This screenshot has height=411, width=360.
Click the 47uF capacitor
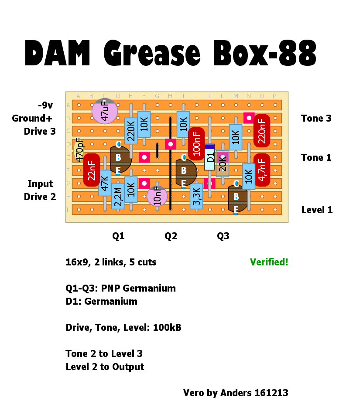(105, 111)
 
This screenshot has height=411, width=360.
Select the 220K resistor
(131, 130)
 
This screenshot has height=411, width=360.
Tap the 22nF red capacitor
(92, 170)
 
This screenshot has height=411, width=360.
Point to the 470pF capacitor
(79, 150)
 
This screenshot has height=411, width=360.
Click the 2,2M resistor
(118, 196)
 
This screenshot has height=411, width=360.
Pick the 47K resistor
(105, 183)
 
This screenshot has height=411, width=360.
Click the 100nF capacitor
(196, 143)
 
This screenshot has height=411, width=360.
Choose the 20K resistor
(223, 164)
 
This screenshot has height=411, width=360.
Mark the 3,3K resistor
(196, 196)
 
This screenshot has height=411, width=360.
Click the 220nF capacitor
(262, 130)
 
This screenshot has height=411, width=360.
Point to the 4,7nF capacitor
(262, 170)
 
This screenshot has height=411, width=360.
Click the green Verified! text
(269, 262)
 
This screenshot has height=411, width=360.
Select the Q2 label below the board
(171, 236)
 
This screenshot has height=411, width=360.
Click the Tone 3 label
(316, 119)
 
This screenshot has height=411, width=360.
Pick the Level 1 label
(317, 210)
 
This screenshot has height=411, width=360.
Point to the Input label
(40, 184)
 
